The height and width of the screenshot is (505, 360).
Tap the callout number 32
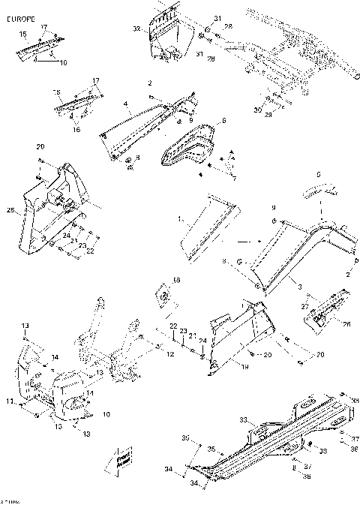point(136,29)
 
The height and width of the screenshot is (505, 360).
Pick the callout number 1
point(180,219)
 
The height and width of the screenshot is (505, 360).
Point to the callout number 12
point(170,353)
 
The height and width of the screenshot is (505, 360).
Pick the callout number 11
point(10,403)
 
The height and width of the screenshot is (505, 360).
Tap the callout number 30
point(259,110)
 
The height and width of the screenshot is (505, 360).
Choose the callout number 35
point(211,449)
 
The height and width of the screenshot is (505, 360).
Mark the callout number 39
point(185,437)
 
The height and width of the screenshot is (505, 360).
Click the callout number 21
point(191,335)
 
